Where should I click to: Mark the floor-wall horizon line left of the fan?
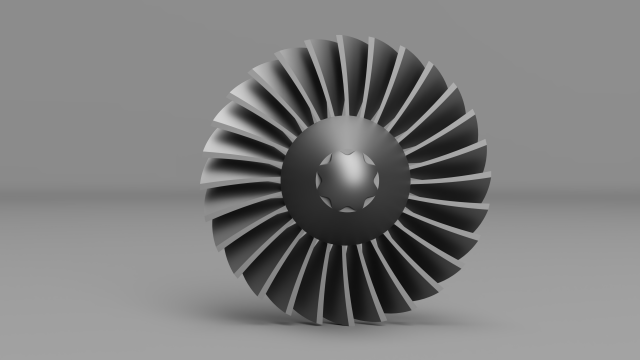point(100,190)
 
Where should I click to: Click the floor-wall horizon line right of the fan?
point(570,190)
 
